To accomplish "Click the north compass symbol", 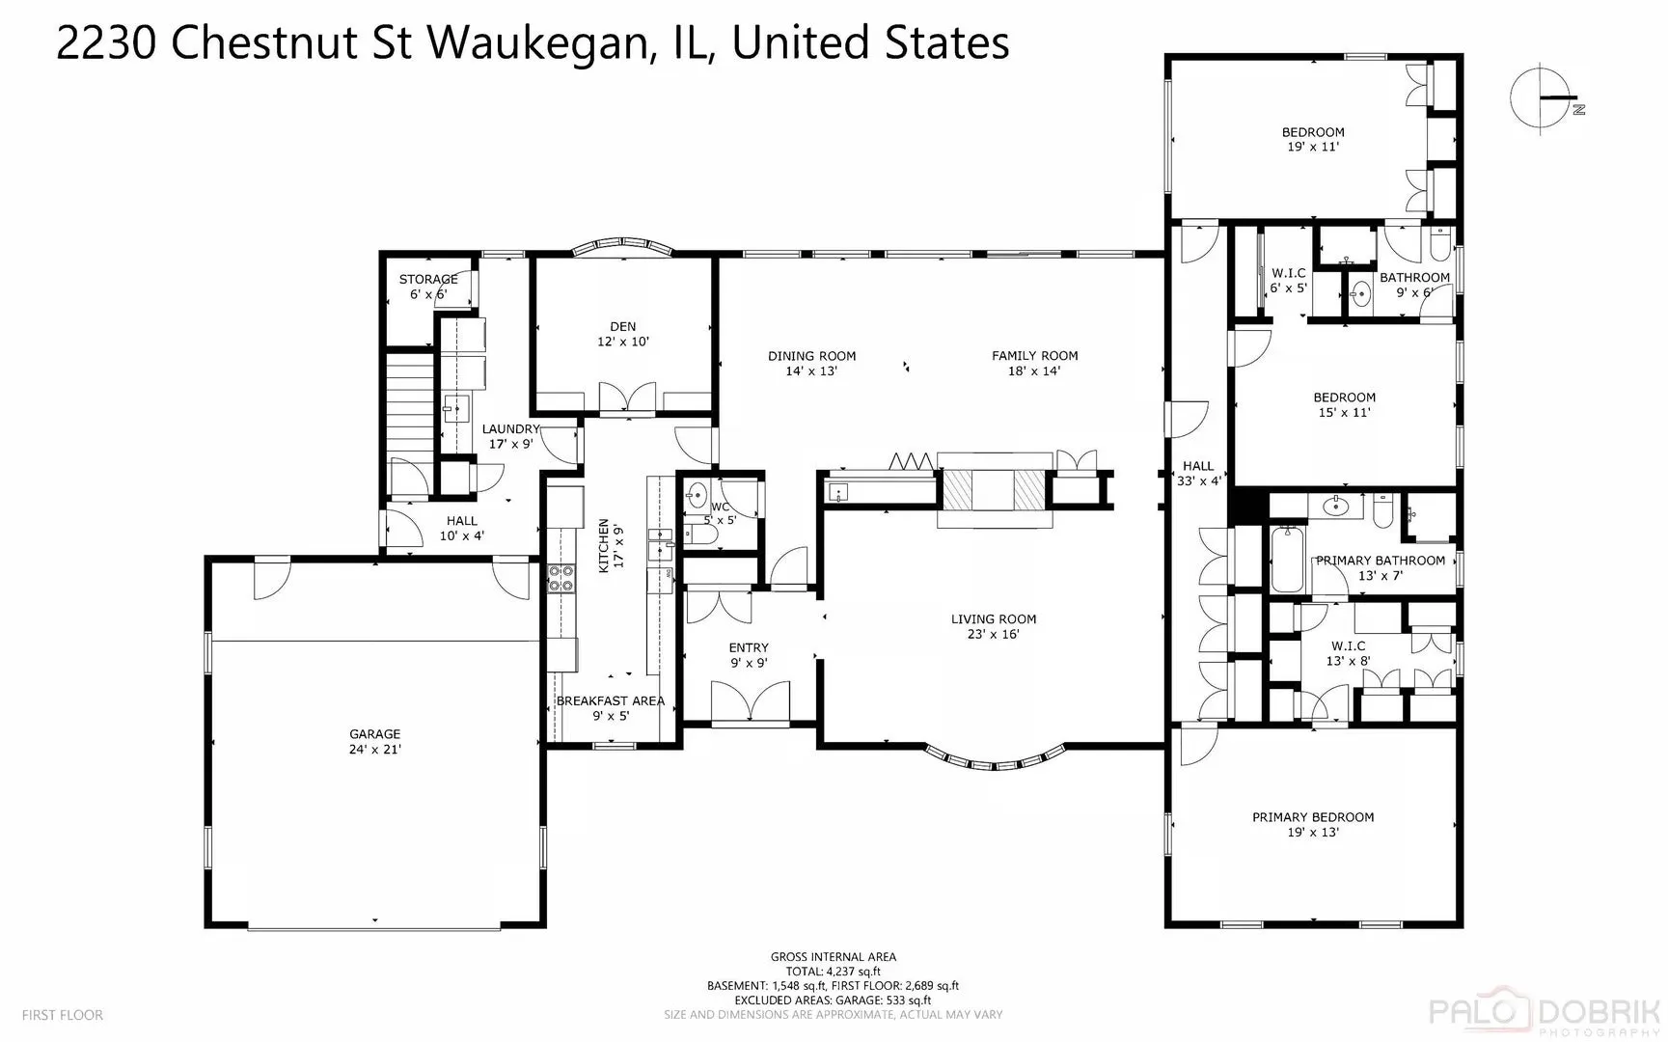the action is (x=1545, y=96).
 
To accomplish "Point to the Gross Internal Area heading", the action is (x=834, y=957).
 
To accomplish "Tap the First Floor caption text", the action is (x=62, y=1015).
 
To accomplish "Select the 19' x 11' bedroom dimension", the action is (x=1313, y=148).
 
